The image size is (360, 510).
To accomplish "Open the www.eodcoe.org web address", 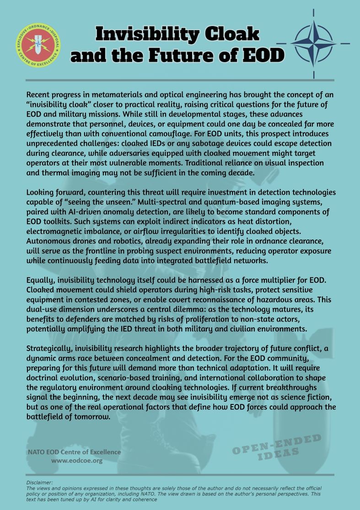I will [76, 461].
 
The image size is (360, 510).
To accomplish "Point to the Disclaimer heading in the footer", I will [39, 483].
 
